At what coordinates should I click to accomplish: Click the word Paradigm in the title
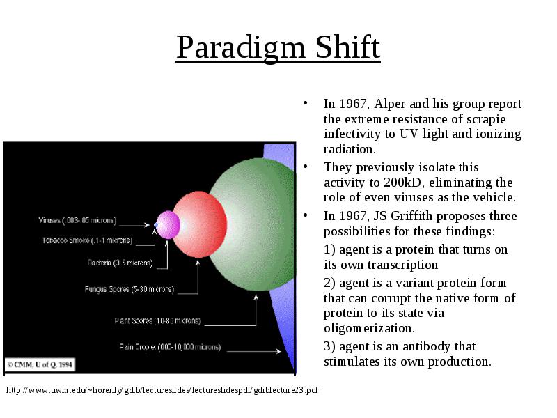(241, 47)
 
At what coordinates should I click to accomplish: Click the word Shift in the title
(347, 47)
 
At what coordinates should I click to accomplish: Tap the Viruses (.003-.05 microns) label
(77, 220)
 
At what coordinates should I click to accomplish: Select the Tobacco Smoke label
(87, 240)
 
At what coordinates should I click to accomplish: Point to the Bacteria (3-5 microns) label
(120, 263)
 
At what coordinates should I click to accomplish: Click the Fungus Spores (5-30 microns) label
(130, 289)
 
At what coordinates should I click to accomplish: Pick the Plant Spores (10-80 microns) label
(157, 321)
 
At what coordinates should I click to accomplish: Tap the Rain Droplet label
(170, 347)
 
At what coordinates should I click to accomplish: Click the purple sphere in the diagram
(168, 224)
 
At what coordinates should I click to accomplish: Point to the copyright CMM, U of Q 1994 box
(40, 364)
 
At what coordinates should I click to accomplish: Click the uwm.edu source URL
(162, 390)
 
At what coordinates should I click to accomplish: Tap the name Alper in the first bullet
(389, 104)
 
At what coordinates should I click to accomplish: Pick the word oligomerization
(369, 328)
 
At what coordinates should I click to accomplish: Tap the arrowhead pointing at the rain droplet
(278, 351)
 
